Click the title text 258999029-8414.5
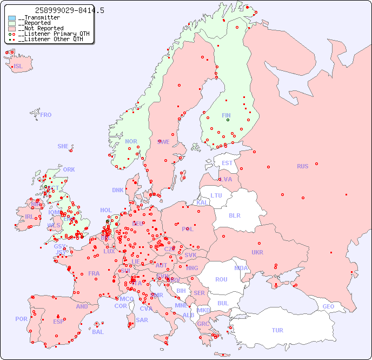point(69,10)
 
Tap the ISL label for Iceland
point(18,67)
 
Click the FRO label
point(46,115)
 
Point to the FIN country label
point(226,115)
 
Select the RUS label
point(302,166)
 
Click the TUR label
point(277,330)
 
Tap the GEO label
point(328,306)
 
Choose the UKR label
point(257,252)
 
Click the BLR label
point(234,215)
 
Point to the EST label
point(227,163)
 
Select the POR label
point(21,319)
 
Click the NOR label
point(131,141)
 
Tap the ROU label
point(221,279)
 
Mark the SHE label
point(63,146)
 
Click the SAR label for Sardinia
point(142,320)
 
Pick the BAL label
point(98,332)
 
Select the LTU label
point(216,195)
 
